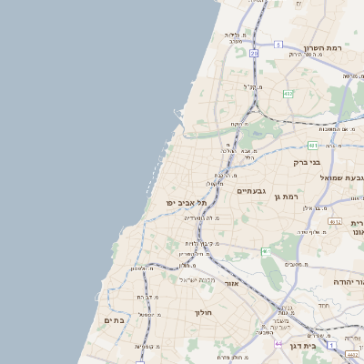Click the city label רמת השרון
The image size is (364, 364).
click(x=323, y=46)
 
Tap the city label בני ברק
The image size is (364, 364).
click(x=307, y=163)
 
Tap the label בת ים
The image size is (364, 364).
click(x=114, y=320)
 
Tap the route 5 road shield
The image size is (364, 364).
click(x=278, y=44)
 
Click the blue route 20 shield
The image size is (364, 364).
click(x=254, y=54)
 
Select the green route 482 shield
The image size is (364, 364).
click(x=288, y=93)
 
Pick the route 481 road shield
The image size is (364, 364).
click(x=313, y=145)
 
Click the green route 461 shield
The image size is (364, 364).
click(x=267, y=251)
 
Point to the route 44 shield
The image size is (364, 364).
click(x=278, y=344)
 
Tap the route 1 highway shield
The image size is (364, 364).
click(x=138, y=361)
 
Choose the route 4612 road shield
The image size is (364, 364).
click(x=334, y=221)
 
